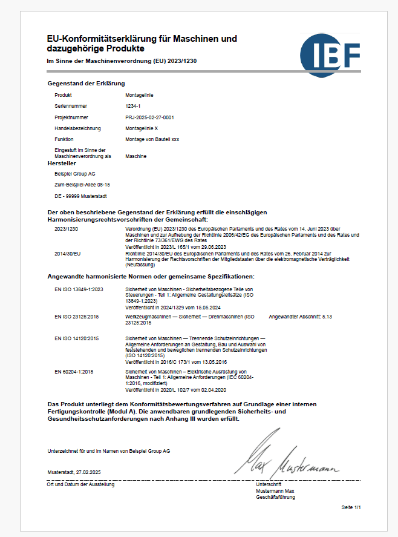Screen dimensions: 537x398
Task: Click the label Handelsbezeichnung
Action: [77, 128]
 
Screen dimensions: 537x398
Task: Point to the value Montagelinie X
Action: [142, 128]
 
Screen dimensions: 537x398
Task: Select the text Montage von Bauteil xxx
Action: [152, 139]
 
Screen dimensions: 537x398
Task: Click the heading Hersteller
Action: [61, 163]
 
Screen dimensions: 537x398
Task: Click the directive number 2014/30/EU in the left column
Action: [67, 254]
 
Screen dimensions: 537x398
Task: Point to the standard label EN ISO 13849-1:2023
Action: [79, 290]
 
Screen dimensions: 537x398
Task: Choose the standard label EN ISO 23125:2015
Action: [77, 317]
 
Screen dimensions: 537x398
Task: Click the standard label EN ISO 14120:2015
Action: [77, 337]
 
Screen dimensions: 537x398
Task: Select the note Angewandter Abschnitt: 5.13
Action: [300, 317]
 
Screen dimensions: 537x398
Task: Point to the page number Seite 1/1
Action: [351, 507]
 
